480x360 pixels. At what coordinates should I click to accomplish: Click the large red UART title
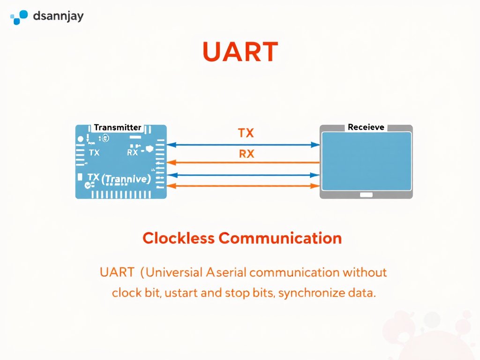(x=240, y=52)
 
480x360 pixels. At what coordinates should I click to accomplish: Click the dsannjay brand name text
(x=59, y=17)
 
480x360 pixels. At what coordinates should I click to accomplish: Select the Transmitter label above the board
(x=118, y=127)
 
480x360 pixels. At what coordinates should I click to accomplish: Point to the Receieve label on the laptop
(x=366, y=127)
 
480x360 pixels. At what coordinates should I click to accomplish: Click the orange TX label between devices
(x=246, y=133)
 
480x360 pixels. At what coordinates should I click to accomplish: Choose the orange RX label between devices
(x=247, y=154)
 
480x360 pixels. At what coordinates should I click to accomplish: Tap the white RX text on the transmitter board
(x=133, y=153)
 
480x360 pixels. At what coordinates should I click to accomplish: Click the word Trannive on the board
(x=126, y=179)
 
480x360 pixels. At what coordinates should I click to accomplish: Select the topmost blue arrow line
(x=244, y=145)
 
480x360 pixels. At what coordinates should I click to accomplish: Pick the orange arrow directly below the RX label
(x=244, y=162)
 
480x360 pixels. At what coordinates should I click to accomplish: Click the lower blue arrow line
(x=244, y=175)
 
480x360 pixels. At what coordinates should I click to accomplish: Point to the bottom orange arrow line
(x=244, y=186)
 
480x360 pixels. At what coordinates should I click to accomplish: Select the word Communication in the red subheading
(x=280, y=238)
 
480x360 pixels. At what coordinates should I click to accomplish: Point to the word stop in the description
(x=237, y=294)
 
